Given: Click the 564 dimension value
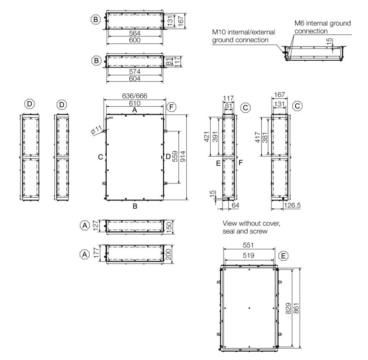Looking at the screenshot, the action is tap(135, 33).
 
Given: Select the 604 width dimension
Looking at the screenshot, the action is tap(135, 79).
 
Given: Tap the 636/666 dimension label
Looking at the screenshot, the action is tap(135, 96).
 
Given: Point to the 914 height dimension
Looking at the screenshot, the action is tap(183, 156).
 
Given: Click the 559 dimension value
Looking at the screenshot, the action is tap(175, 156).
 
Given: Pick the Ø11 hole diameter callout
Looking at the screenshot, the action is tap(96, 130).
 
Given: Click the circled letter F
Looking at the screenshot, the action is tap(171, 107).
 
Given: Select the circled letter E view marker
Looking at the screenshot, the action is tap(283, 256).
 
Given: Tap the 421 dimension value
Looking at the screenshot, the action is tap(207, 137).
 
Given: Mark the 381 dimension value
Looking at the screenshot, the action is tap(265, 137).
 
